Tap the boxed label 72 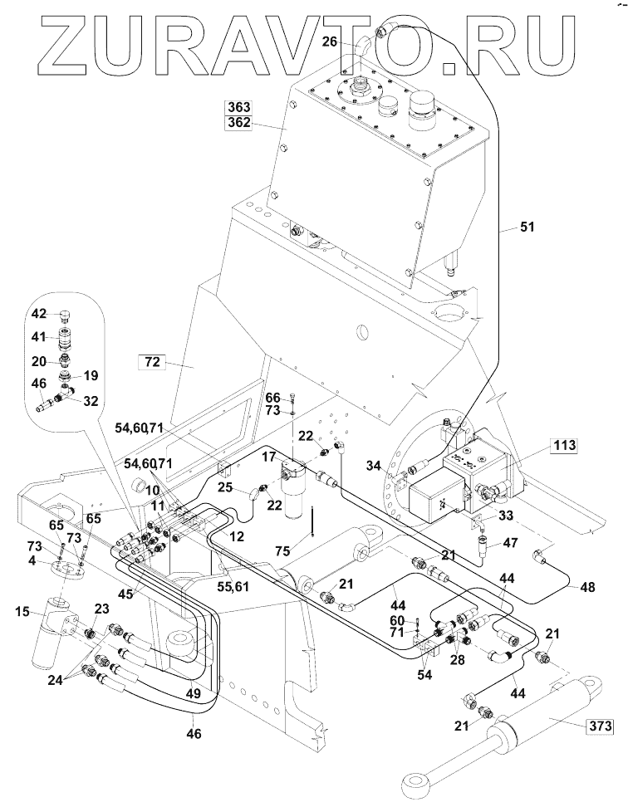[x=152, y=362]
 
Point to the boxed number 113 [x=564, y=445]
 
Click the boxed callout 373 [x=601, y=726]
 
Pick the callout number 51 [x=527, y=227]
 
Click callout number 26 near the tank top [x=330, y=42]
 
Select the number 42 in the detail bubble [x=39, y=314]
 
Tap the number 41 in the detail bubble [x=39, y=338]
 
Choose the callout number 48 [x=586, y=587]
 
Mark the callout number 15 [x=22, y=612]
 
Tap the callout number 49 [x=193, y=693]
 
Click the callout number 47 [x=511, y=542]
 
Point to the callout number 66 [x=273, y=398]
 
